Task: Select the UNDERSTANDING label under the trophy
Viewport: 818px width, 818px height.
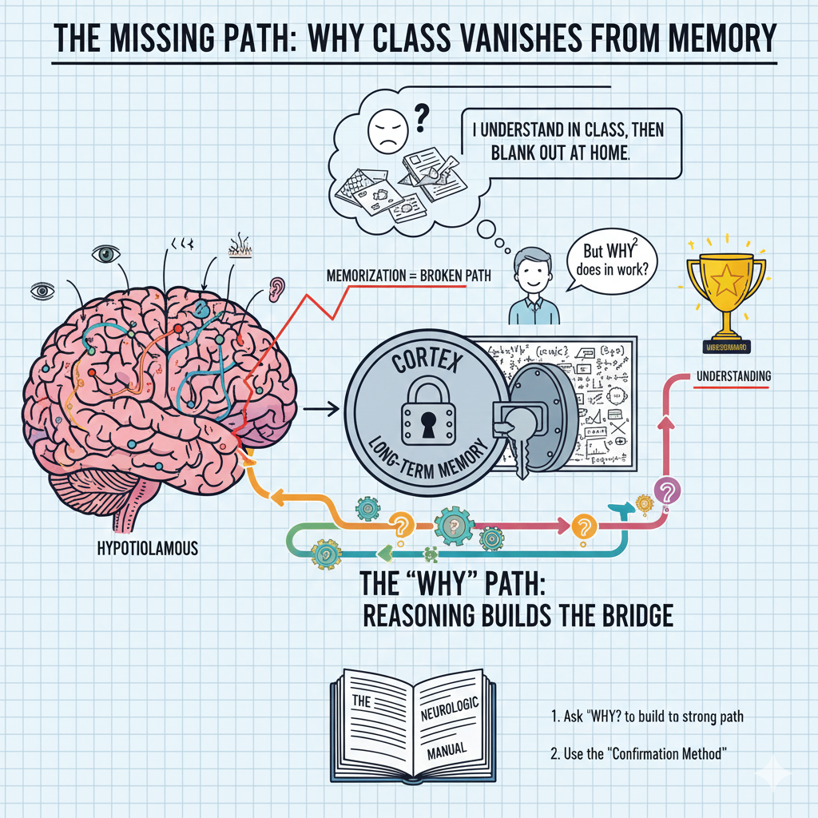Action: (733, 376)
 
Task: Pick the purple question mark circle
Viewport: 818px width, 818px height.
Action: (666, 490)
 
